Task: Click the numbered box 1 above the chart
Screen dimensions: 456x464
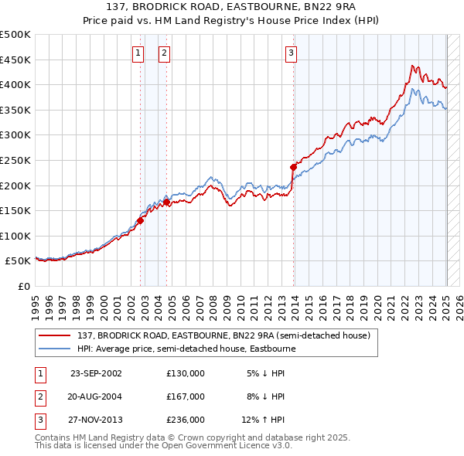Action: (x=138, y=53)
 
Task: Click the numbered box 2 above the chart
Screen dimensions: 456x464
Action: (x=165, y=53)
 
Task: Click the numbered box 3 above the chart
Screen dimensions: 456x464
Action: (x=291, y=53)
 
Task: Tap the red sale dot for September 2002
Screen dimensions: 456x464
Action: (x=141, y=220)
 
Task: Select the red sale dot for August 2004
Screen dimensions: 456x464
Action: (x=166, y=202)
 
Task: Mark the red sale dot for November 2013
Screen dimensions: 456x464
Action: (x=294, y=166)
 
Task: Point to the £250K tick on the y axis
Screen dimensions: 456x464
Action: (x=15, y=160)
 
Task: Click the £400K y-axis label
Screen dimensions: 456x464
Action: (x=15, y=84)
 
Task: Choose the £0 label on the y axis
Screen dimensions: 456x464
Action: (x=23, y=286)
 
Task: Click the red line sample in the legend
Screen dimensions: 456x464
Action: (x=54, y=335)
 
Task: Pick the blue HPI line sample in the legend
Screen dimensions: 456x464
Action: (x=54, y=349)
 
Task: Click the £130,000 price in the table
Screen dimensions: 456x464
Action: (x=186, y=373)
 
